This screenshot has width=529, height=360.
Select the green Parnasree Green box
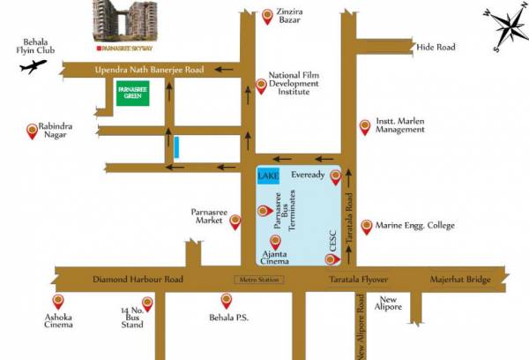pyautogui.click(x=133, y=93)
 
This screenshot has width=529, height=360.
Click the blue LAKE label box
pyautogui.click(x=268, y=176)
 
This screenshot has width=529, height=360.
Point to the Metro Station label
pyautogui.click(x=257, y=281)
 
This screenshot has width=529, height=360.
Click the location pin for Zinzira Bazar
pyautogui.click(x=268, y=15)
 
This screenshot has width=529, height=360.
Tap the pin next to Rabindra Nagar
pyautogui.click(x=33, y=131)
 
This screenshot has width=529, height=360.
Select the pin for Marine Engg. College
pyautogui.click(x=367, y=226)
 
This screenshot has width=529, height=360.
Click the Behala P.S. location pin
pyautogui.click(x=225, y=301)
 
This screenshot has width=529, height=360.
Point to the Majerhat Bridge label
pyautogui.click(x=459, y=280)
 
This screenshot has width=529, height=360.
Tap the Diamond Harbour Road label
pyautogui.click(x=138, y=280)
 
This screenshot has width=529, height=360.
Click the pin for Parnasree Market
pyautogui.click(x=235, y=223)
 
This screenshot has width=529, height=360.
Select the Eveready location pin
pyautogui.click(x=335, y=178)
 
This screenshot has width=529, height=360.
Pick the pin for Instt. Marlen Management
pyautogui.click(x=365, y=127)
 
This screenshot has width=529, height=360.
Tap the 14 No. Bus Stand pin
pyautogui.click(x=148, y=304)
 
